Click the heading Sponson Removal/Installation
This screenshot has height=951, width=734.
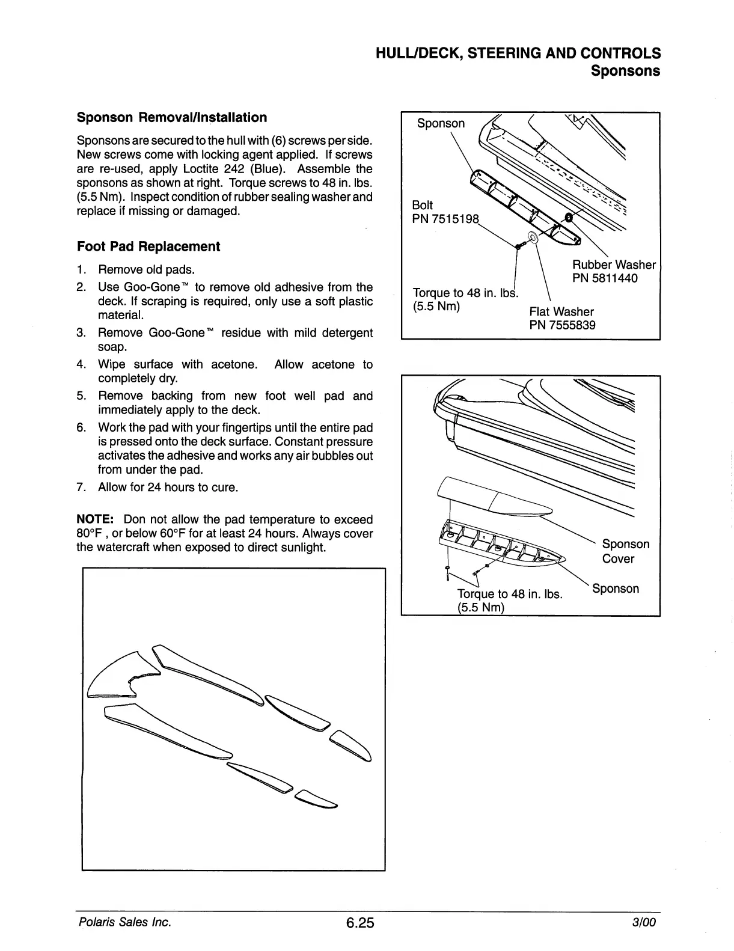point(172,118)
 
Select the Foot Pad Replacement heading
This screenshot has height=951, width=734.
point(148,246)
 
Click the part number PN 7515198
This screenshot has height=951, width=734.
point(446,219)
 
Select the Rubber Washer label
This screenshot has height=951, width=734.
point(613,265)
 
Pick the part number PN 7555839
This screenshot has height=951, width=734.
point(562,326)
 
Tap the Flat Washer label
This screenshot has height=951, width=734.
point(561,311)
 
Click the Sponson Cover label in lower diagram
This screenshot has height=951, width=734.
point(625,551)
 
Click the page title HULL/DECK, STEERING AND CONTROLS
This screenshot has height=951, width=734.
point(518,53)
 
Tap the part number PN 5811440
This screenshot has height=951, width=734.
point(605,278)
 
